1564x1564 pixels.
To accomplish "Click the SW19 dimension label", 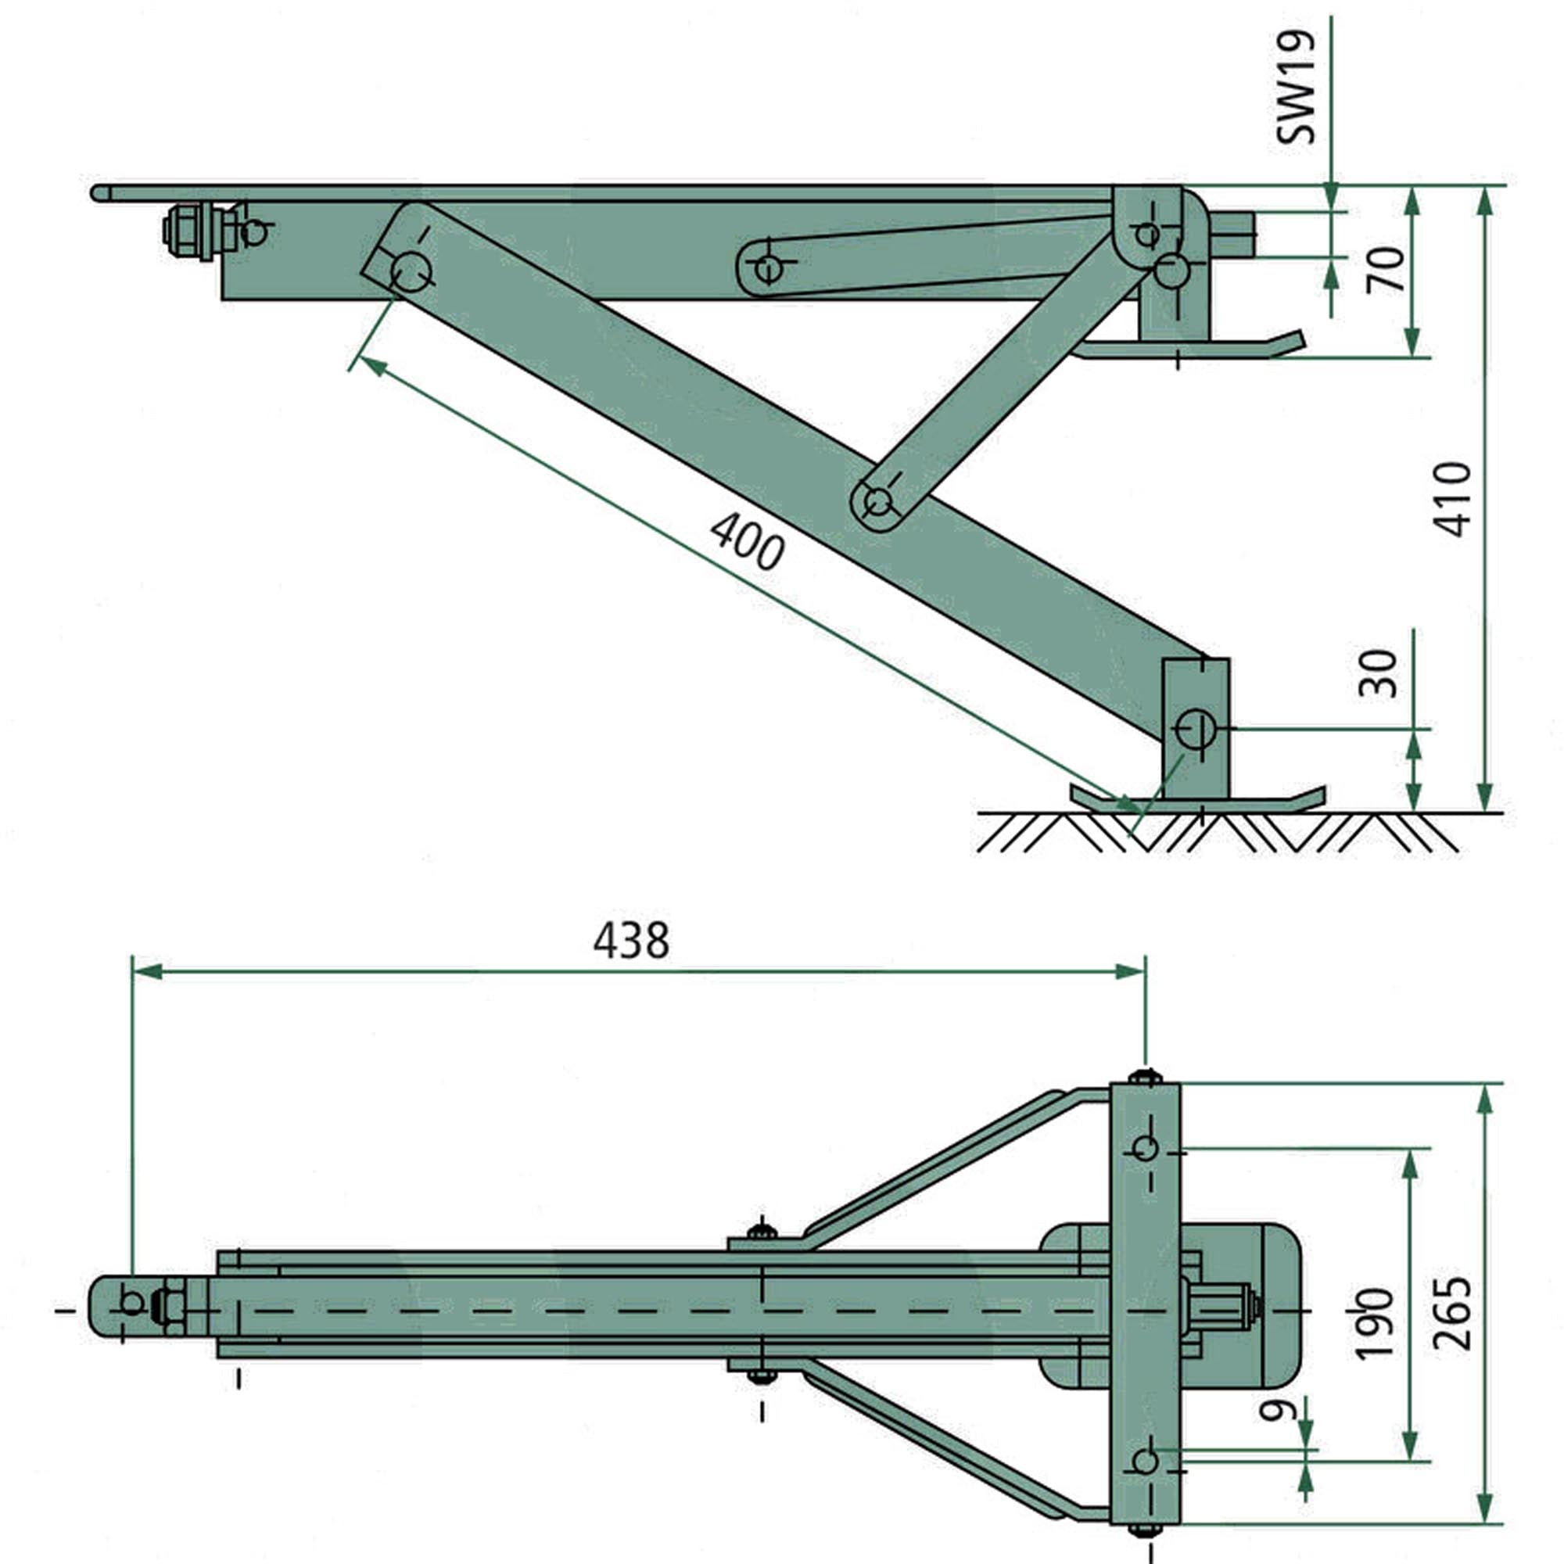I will tap(1295, 88).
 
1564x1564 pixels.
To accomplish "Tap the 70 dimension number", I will tap(1386, 271).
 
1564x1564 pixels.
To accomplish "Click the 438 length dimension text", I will tap(631, 942).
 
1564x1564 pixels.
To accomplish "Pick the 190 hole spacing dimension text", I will tap(1375, 1323).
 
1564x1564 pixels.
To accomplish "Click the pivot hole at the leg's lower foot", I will tap(1195, 729).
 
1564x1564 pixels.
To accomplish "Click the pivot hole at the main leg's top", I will tap(411, 271).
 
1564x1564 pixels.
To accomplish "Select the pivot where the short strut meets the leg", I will tap(877, 502).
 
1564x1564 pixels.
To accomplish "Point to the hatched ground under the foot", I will tap(1214, 832).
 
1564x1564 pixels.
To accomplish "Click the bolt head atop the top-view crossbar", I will tap(1145, 1076).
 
